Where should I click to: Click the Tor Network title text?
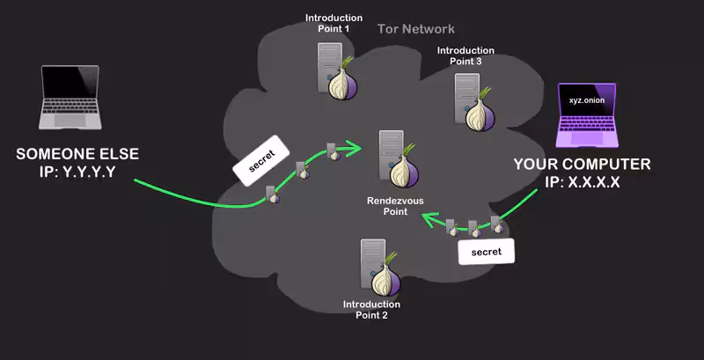coord(415,29)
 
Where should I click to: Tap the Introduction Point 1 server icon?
coord(338,71)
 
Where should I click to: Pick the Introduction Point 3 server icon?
coord(474,101)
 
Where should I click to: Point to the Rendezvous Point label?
coord(395,206)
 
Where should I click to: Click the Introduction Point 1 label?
coord(334,24)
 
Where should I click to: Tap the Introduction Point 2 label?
coord(371,309)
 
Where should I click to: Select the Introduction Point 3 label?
coord(466,55)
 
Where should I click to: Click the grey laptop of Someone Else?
coord(70,97)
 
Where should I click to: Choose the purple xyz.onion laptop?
coord(587,115)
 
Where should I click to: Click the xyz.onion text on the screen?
coord(586,100)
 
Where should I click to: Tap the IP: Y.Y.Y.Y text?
coord(77,172)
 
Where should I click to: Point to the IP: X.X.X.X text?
coord(583,182)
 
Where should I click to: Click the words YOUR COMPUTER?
coord(582,165)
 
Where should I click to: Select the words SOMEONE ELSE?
coord(77,154)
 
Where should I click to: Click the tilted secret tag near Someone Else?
coord(260,161)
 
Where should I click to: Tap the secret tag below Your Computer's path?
coord(487,252)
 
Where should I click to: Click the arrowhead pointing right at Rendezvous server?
coord(355,148)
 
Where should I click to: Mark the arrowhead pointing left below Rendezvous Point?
coord(429,219)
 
